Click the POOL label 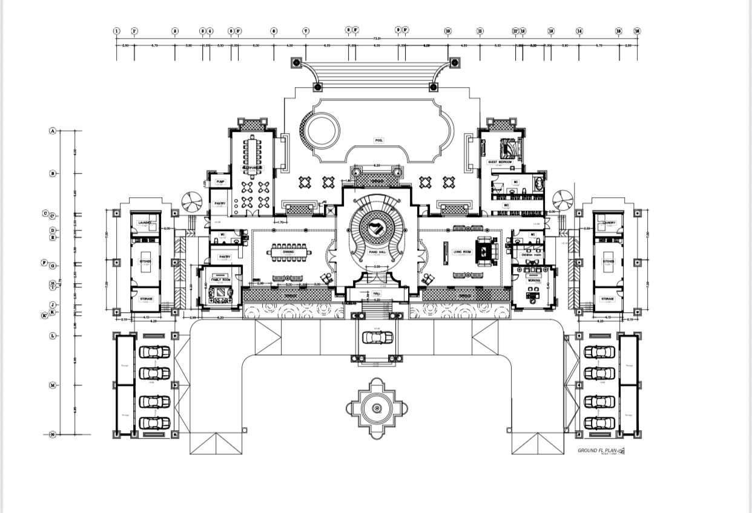[379, 140]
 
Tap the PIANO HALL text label [377, 251]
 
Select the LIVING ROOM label [463, 251]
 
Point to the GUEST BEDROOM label [500, 162]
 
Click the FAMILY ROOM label [220, 280]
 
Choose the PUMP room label [220, 181]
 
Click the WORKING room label [533, 281]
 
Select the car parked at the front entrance [377, 337]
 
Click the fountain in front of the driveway [377, 409]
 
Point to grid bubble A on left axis [53, 131]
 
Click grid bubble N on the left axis [53, 434]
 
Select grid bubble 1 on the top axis [117, 31]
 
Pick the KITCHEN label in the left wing [145, 262]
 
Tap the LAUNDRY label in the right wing [609, 223]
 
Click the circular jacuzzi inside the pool [322, 130]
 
